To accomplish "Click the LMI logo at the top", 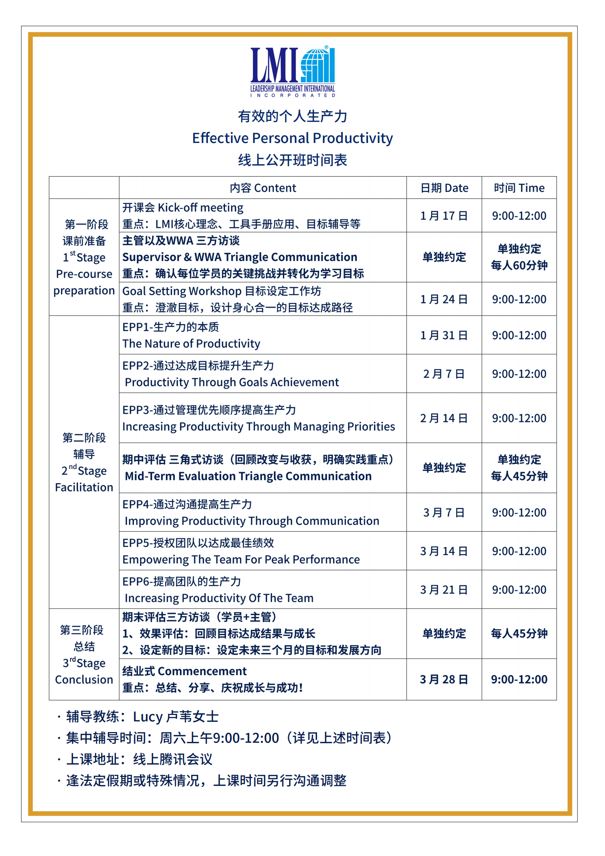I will tap(292, 71).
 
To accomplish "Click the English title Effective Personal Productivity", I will tap(292, 138).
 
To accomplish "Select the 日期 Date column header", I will tap(444, 188).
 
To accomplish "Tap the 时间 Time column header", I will tap(519, 188).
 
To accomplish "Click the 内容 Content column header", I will tap(262, 188).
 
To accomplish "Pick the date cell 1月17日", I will tap(444, 216).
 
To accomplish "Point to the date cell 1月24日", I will tap(444, 299).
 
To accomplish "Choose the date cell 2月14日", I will tap(444, 418).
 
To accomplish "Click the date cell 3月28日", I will tap(444, 679).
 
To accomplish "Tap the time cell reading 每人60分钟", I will tap(519, 265).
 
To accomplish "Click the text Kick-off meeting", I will tap(200, 208).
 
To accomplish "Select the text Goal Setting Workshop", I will tap(182, 291).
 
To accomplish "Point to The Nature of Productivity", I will tap(191, 344).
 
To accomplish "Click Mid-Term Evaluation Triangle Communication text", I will tap(248, 476).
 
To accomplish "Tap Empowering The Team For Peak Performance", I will tap(241, 559).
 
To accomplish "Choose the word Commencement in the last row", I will tap(202, 671).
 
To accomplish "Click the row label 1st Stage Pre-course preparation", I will tap(84, 257).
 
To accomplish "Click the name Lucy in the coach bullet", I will tap(148, 717).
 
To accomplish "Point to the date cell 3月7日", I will tap(444, 512).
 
